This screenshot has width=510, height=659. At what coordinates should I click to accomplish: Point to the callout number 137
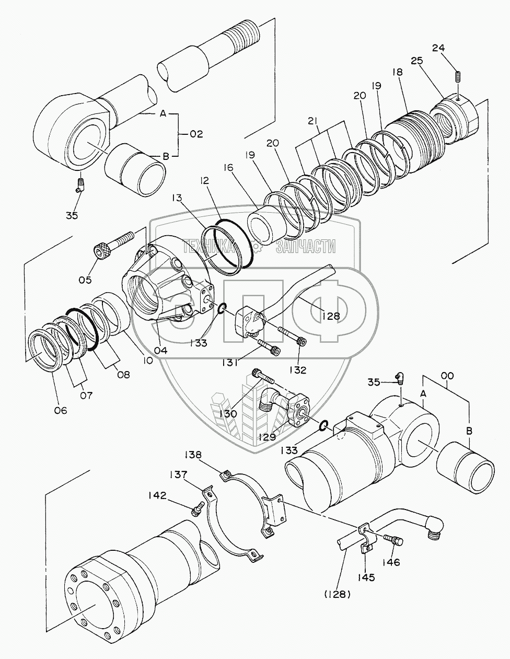(x=178, y=475)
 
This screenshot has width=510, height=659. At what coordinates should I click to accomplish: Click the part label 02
(x=196, y=134)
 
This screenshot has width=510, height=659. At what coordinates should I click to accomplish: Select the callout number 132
(x=299, y=369)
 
